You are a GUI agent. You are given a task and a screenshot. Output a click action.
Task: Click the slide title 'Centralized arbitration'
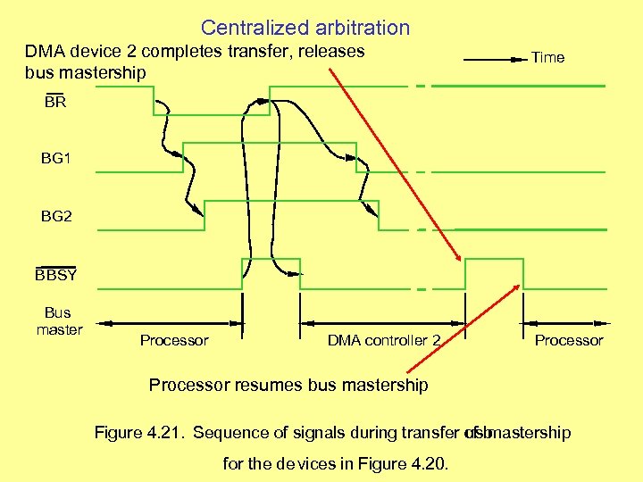[x=305, y=28]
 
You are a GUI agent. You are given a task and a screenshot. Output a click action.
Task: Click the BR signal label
[x=55, y=103]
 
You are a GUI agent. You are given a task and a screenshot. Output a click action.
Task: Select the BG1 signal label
[x=55, y=159]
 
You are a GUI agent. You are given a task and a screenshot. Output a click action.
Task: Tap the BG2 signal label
[x=55, y=217]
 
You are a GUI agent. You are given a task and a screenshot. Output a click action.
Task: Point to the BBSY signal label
[x=56, y=275]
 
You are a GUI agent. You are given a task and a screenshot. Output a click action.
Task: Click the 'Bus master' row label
[x=59, y=321]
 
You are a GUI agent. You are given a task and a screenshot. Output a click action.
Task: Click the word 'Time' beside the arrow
[x=547, y=57]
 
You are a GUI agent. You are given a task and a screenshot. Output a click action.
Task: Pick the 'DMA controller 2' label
[x=384, y=340]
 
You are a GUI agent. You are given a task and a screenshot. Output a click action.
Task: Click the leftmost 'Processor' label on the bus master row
[x=174, y=340]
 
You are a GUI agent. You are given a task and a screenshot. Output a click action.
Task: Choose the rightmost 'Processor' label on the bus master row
[x=569, y=340]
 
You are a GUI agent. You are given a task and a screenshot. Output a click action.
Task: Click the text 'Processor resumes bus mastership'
[x=288, y=385]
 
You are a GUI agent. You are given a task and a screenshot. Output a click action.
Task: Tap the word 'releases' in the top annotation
[x=332, y=51]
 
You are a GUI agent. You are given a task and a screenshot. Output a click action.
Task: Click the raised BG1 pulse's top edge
[x=268, y=142]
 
